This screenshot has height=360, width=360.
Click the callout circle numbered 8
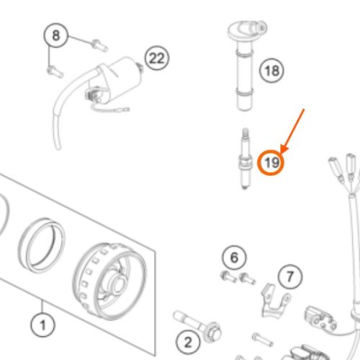[55, 35]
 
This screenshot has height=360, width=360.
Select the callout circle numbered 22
[157, 58]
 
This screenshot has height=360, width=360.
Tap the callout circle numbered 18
[271, 71]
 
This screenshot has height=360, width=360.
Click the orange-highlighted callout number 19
[271, 163]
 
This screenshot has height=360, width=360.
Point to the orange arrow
[292, 131]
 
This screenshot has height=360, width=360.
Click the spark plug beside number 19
[245, 159]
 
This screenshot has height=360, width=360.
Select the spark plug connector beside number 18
[246, 66]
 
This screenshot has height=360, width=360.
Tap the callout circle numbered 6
[234, 258]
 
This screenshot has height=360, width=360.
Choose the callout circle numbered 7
[290, 276]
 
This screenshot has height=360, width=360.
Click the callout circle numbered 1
[42, 325]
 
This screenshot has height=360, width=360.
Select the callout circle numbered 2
[188, 342]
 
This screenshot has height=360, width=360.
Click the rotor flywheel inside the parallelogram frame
[109, 281]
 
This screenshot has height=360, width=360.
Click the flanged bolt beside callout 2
[197, 326]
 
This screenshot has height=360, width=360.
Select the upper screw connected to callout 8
[99, 45]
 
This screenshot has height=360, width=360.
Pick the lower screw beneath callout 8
[55, 72]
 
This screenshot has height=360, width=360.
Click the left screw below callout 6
[228, 276]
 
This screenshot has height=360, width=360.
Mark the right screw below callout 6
[248, 279]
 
